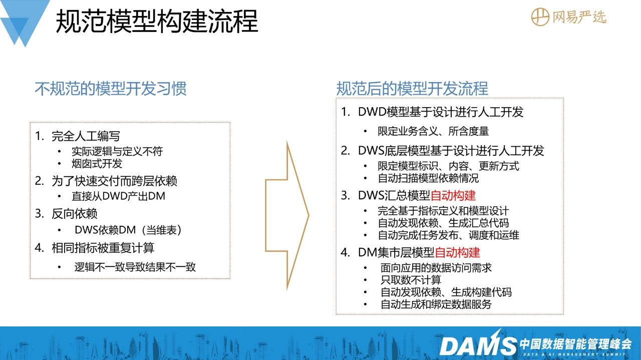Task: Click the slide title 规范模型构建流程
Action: pos(157,22)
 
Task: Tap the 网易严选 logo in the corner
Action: pos(568,17)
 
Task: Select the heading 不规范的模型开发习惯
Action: pos(111,89)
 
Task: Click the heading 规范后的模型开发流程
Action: pos(412,89)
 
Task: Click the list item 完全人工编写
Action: pos(86,136)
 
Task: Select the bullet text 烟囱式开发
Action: pos(97,164)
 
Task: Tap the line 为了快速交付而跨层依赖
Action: pos(114,181)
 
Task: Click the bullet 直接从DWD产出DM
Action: pos(119,196)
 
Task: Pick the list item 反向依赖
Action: pos(75,214)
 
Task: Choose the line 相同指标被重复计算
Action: pos(103,248)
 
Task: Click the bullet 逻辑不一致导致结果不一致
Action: pos(135,267)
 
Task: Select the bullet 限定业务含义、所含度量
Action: pos(433,131)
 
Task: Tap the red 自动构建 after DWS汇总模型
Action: pos(453,196)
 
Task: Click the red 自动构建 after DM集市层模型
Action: pos(457,252)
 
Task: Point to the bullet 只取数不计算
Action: pos(411,280)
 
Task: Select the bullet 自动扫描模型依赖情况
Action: pos(428,178)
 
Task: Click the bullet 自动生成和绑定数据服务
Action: pos(436,304)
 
